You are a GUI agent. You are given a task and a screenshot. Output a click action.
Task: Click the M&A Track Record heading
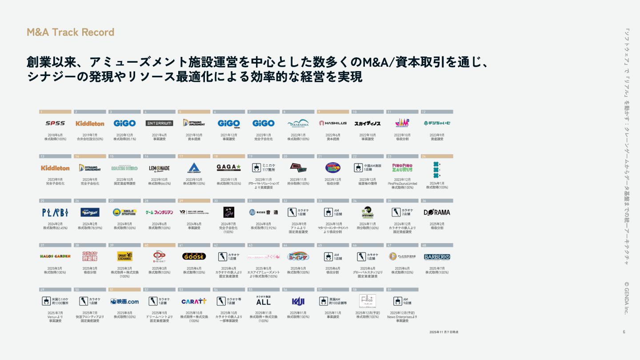coord(71,32)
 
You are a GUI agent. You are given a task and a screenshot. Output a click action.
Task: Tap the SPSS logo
coord(55,123)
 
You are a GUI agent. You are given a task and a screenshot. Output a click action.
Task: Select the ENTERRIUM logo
coord(160,123)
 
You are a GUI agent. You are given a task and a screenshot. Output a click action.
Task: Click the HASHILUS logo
coord(333,123)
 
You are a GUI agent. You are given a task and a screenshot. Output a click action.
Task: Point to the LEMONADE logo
coord(160,168)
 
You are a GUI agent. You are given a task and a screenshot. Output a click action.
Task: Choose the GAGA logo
coord(228,168)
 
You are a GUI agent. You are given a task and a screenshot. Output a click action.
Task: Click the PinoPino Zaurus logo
coord(402,168)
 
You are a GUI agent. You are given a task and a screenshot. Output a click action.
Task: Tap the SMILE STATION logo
coord(124,212)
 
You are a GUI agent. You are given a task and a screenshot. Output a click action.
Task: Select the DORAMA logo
coord(437,212)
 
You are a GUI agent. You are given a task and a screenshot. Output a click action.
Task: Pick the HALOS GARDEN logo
coord(55,256)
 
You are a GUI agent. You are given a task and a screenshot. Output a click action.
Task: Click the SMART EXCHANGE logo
coord(124,256)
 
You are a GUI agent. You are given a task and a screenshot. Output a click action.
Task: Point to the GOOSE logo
coord(194,256)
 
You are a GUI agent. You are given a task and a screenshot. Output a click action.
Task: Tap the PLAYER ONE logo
coord(402,256)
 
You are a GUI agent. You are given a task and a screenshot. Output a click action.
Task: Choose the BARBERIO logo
coord(437,257)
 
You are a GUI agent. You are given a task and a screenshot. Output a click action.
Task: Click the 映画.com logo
coord(124,301)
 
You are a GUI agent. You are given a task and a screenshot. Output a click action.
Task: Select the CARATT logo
coord(194,301)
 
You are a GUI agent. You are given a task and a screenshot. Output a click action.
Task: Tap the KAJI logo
coord(298,301)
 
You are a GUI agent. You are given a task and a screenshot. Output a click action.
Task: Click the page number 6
coord(624,332)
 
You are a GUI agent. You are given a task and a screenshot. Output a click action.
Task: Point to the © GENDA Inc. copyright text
coord(627,298)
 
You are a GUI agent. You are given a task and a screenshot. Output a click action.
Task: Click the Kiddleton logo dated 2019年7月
coord(90,123)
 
